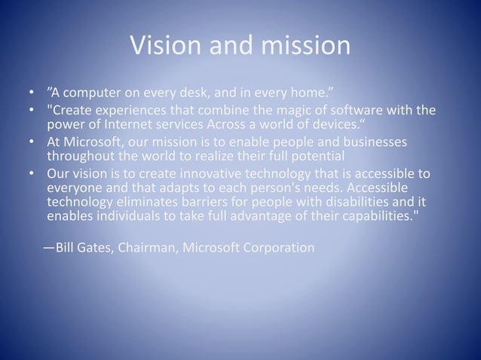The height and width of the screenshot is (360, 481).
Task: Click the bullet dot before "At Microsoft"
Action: point(32,143)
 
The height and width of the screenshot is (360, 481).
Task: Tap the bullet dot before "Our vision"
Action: point(32,175)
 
